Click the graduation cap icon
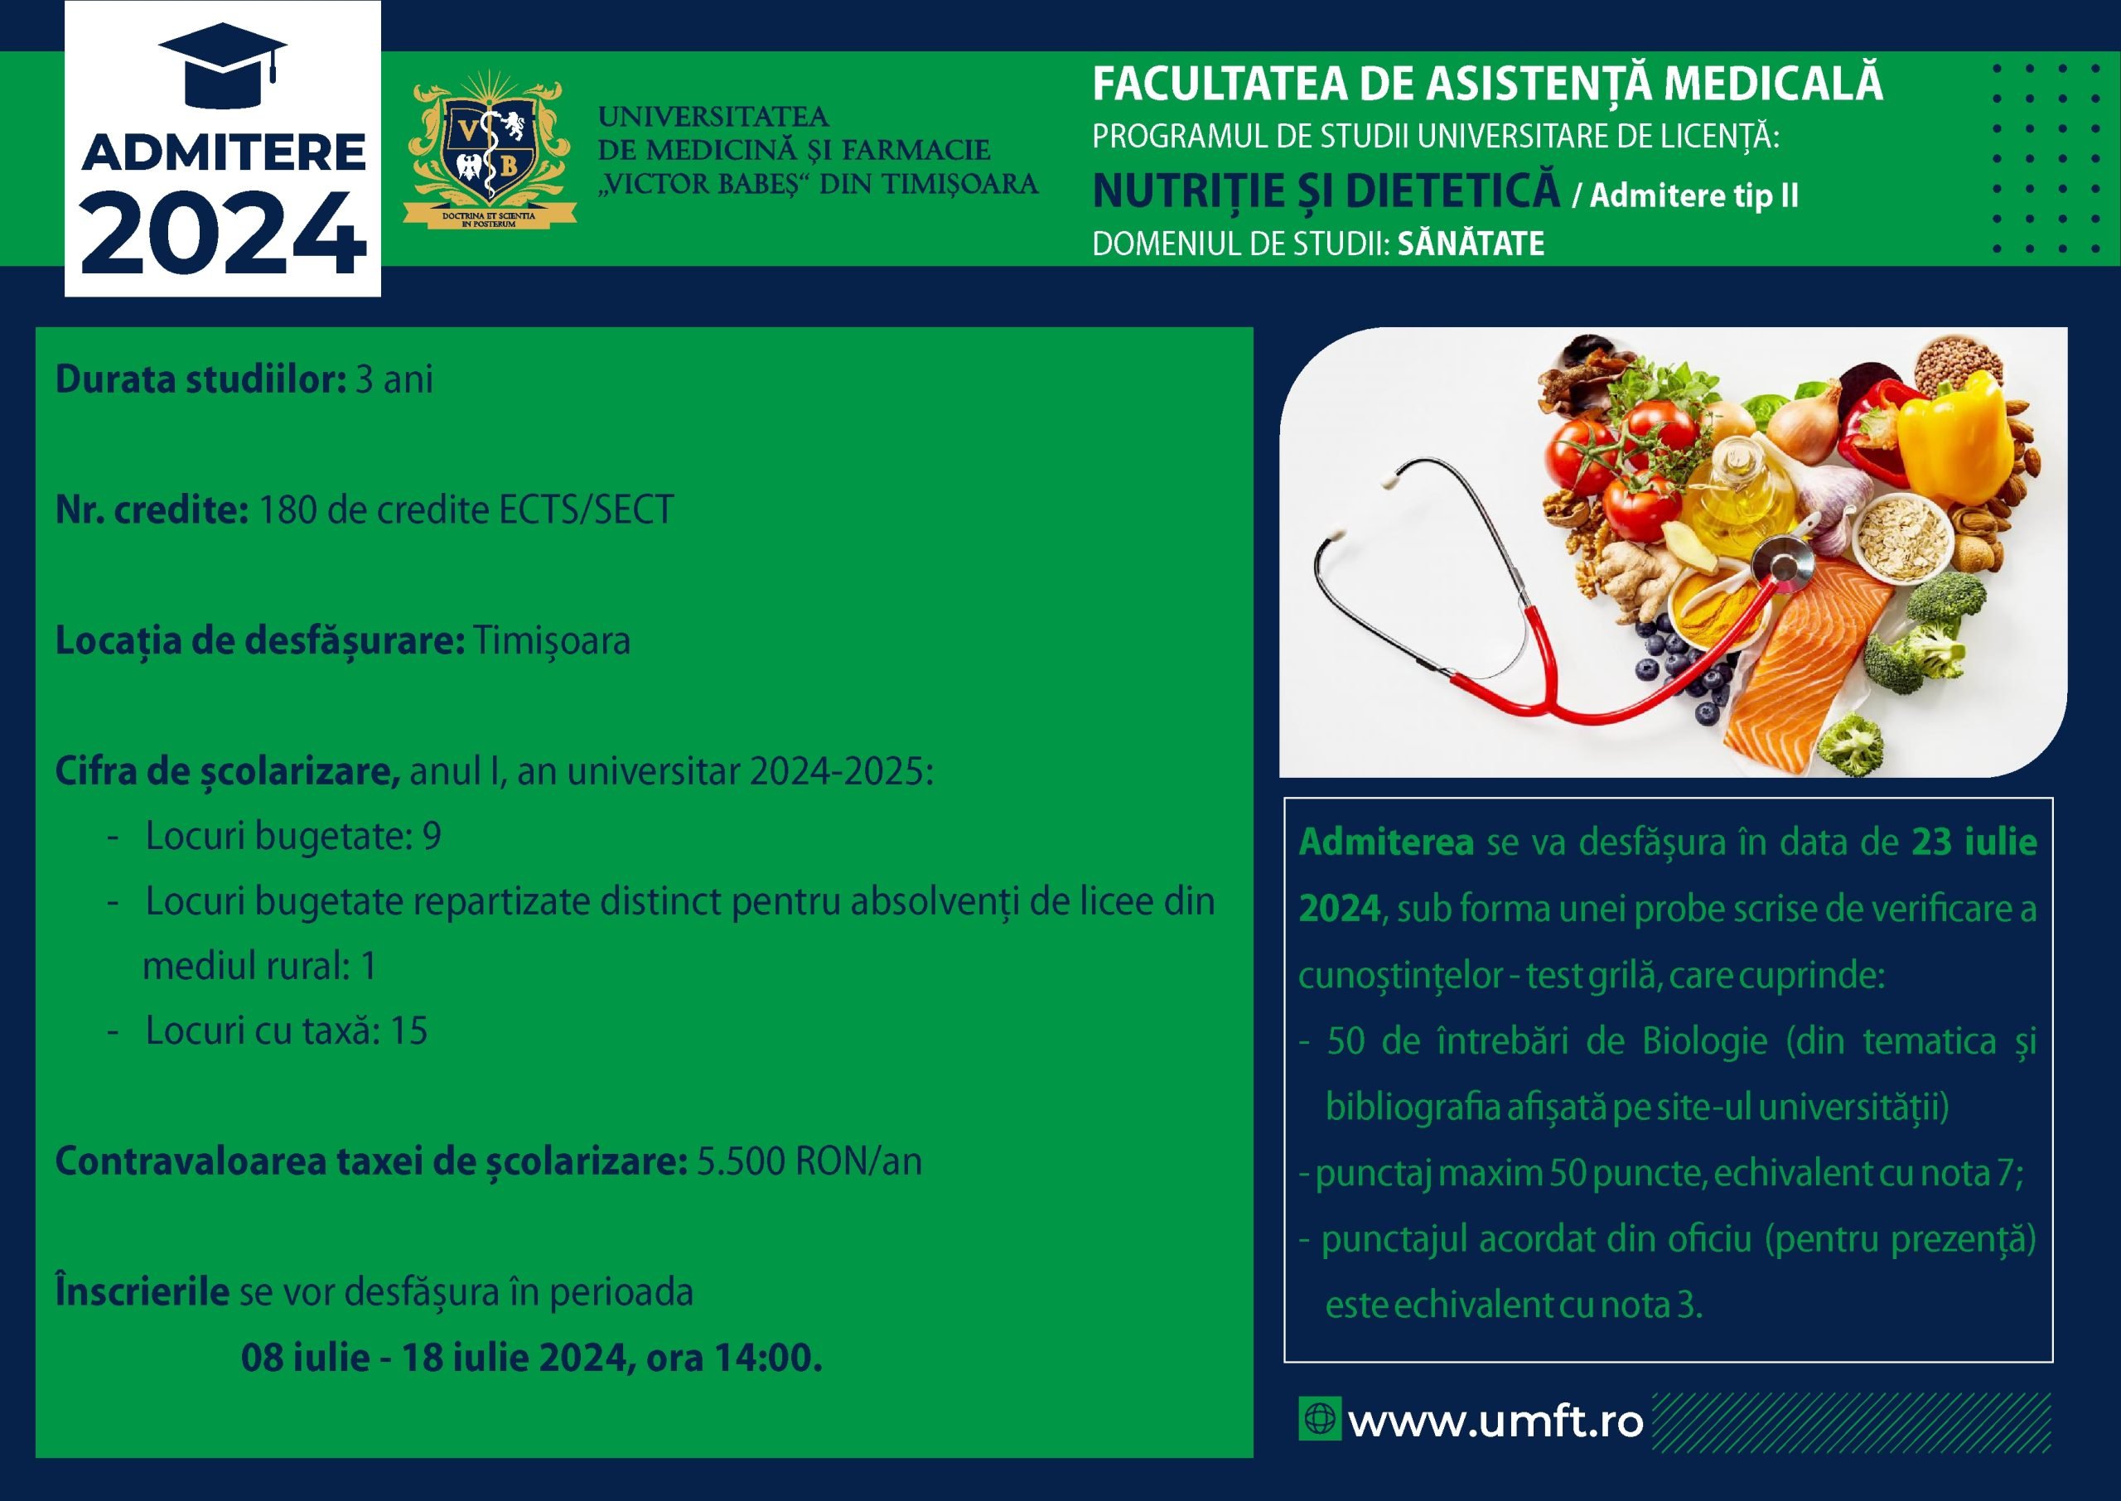point(223,62)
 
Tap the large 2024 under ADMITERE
point(223,232)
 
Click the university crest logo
point(489,150)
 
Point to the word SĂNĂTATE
point(1471,244)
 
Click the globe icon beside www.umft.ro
point(1319,1419)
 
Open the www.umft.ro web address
point(1495,1421)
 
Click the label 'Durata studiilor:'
point(201,379)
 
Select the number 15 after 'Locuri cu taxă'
point(408,1031)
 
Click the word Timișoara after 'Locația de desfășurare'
point(552,641)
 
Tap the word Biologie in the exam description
point(1705,1041)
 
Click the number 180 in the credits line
point(287,510)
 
